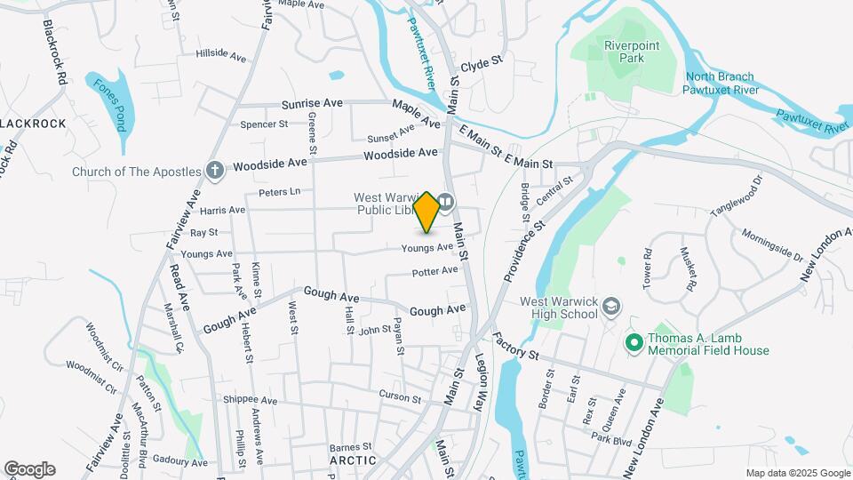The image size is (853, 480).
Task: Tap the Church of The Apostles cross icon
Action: [214, 169]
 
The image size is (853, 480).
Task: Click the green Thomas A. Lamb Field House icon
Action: [634, 342]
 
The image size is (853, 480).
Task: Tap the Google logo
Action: [29, 469]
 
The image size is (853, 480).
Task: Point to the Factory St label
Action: [515, 347]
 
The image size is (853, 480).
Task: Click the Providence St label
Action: [523, 252]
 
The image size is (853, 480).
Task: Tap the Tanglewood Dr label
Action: [737, 197]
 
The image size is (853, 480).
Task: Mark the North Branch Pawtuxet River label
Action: [720, 84]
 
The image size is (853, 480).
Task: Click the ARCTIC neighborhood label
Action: [353, 460]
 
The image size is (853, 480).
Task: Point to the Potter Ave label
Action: [435, 270]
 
